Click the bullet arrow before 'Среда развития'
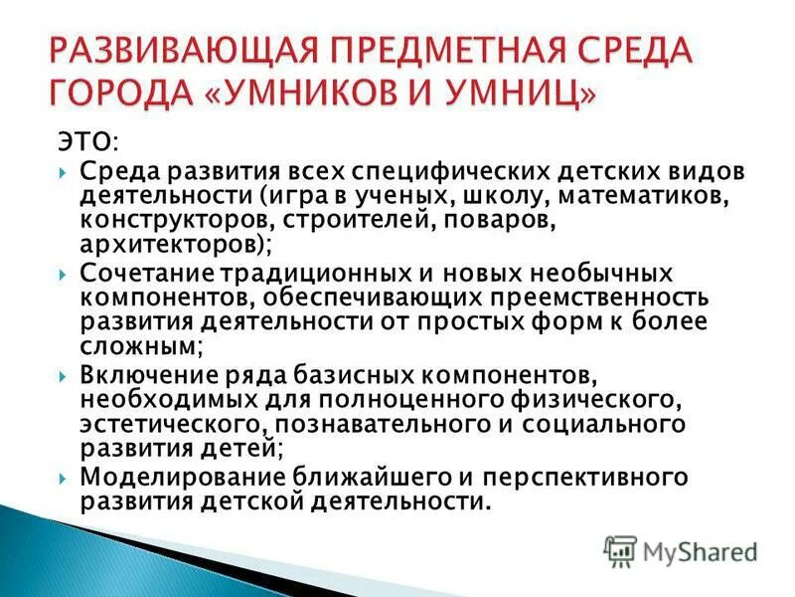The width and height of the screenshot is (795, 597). coord(64,172)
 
